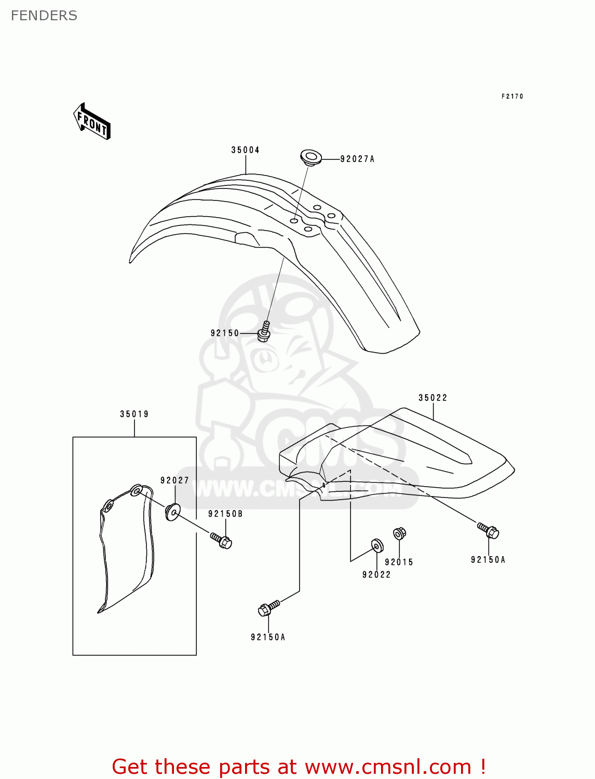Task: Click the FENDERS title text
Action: [44, 16]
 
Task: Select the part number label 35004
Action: [245, 150]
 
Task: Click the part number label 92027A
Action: [357, 159]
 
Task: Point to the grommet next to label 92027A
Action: [311, 157]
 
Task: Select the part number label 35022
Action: [432, 398]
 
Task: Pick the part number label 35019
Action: [134, 414]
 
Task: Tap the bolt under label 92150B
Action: [221, 540]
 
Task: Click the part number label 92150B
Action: [225, 514]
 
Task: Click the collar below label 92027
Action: [172, 512]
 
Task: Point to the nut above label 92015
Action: [399, 533]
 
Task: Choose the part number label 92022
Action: [376, 574]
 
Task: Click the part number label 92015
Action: [399, 562]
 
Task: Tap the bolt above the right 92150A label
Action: [489, 531]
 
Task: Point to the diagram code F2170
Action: [512, 96]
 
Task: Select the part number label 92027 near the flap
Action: [174, 480]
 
